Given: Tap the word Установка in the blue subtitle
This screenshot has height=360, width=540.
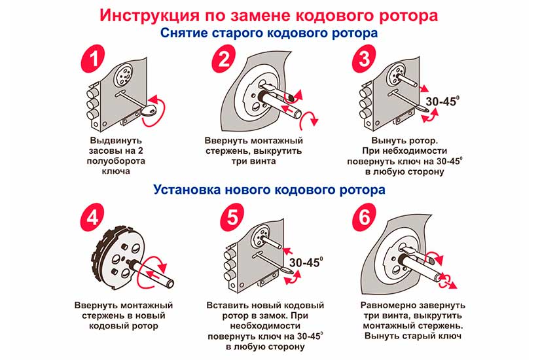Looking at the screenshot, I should click(x=187, y=190).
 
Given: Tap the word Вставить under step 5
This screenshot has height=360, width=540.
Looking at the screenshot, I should click(x=228, y=305).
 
